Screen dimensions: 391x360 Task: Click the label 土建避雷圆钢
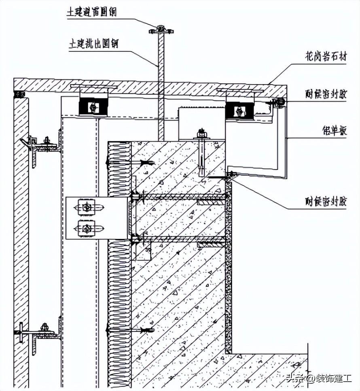click(x=92, y=13)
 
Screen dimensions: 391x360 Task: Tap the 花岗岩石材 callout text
click(x=326, y=57)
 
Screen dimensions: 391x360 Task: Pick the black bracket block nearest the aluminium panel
click(x=239, y=110)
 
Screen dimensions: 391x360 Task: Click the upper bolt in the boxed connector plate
click(x=87, y=208)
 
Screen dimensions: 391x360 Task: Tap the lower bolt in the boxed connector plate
click(x=87, y=229)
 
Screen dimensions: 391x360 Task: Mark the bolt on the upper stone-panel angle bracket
click(x=47, y=141)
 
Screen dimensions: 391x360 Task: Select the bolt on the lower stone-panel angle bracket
click(x=44, y=327)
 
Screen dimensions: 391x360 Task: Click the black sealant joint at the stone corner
click(x=19, y=94)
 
